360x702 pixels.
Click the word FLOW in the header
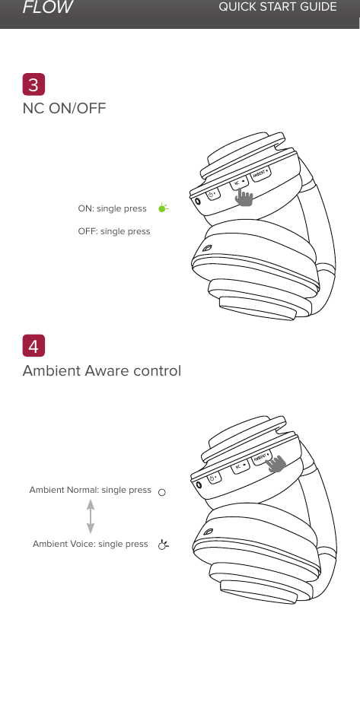(47, 8)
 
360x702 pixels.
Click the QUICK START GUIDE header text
(277, 8)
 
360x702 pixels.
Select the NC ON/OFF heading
(65, 108)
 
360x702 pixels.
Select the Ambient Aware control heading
(102, 371)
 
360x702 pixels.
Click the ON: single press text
(113, 208)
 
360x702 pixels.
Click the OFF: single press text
(114, 231)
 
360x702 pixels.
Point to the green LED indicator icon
(162, 208)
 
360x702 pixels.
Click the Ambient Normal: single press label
(90, 491)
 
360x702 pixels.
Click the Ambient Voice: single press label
(90, 544)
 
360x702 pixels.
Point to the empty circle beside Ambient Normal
(162, 491)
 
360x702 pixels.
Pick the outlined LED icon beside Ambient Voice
(162, 545)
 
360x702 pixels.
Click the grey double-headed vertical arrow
(91, 517)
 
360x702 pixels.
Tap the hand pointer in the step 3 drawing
(244, 198)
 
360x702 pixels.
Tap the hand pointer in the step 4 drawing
(277, 463)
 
